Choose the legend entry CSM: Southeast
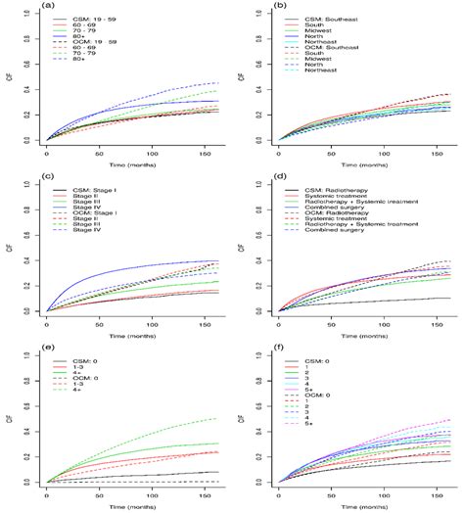click(318, 19)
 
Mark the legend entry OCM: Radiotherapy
click(326, 215)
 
